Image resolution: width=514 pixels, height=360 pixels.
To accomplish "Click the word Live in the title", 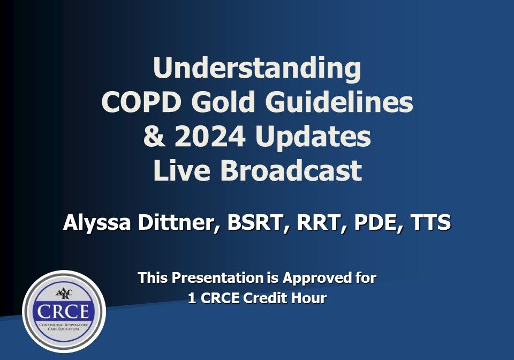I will pos(182,171).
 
